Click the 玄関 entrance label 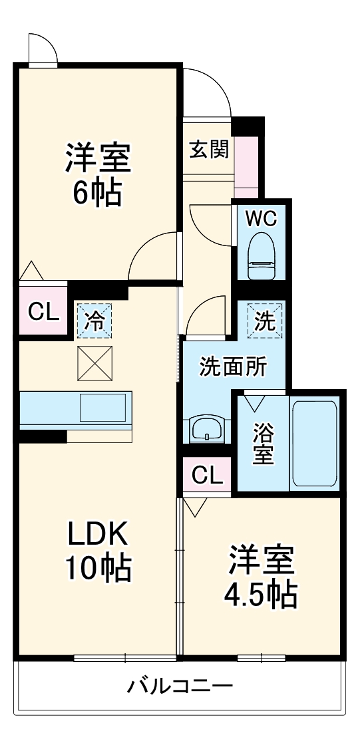click(x=210, y=150)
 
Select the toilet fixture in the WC click(x=262, y=255)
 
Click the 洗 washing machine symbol click(x=265, y=321)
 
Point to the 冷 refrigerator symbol click(x=94, y=321)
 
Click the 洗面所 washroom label click(x=233, y=367)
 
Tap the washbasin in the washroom click(x=206, y=428)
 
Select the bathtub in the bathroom click(x=314, y=443)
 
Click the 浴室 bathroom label click(x=263, y=443)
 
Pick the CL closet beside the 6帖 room click(x=43, y=311)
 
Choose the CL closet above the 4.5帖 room click(x=208, y=474)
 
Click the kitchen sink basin click(x=102, y=407)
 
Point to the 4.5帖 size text click(x=261, y=593)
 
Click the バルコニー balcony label click(x=180, y=686)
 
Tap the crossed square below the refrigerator click(x=94, y=363)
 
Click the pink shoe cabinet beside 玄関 click(x=246, y=166)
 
